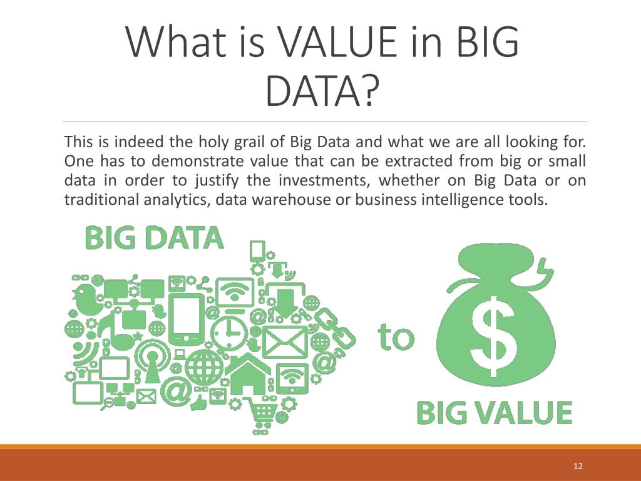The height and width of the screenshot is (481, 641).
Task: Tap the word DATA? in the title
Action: pos(320,90)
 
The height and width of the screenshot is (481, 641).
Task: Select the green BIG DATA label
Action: pos(155,238)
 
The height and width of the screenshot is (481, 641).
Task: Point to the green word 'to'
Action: pos(396,337)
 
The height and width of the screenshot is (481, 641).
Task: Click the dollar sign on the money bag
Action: pos(493,336)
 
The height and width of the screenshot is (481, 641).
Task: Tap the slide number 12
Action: pos(578,466)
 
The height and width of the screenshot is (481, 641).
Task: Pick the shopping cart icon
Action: pos(261,410)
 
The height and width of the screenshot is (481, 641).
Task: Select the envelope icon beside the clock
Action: pos(285,342)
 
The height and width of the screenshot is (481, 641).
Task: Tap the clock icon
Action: pos(229,331)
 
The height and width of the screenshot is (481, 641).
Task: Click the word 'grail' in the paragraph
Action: pos(249,142)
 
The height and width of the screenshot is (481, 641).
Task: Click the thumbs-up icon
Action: pos(198,404)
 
